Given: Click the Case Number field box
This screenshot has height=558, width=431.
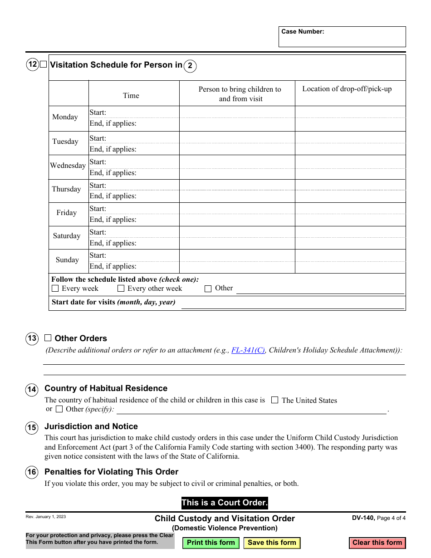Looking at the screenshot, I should point(342,37).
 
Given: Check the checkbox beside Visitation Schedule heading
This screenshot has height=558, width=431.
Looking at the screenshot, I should point(43,64).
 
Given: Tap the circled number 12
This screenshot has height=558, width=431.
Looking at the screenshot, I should point(32,64).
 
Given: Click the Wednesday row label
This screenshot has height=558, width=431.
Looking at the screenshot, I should point(68,166).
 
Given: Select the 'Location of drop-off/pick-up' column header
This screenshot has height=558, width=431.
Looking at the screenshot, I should point(347,89).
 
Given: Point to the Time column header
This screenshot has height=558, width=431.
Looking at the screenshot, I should point(131,95).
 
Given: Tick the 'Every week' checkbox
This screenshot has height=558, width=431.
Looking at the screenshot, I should point(55,289).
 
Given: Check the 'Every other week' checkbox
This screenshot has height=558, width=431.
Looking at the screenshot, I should point(121,289).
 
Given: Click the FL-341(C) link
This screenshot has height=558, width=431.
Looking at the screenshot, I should point(248,350).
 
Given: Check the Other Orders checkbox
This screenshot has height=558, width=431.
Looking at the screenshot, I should point(48,338).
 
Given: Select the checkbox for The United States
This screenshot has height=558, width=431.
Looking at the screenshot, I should point(274,400).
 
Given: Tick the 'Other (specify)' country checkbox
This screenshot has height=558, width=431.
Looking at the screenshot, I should point(59,409).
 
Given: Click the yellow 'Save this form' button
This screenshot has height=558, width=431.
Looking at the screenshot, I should point(272,543).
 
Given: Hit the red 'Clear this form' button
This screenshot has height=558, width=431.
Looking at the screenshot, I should point(377,543).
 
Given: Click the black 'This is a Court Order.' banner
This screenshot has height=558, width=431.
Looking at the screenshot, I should point(225,503).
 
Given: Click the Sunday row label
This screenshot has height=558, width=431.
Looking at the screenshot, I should point(67,260).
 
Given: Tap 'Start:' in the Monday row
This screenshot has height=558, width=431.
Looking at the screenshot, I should point(98,113).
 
